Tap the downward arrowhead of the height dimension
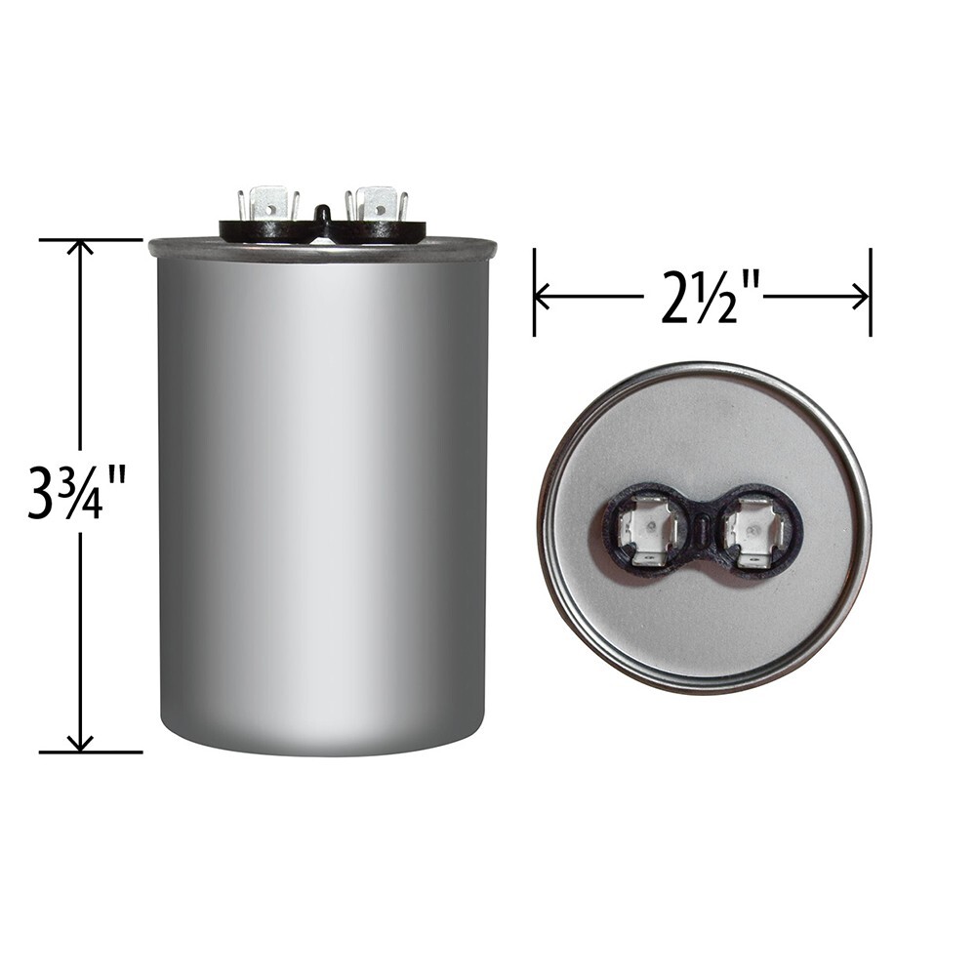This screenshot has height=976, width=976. click(80, 745)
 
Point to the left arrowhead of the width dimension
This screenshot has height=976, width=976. click(542, 296)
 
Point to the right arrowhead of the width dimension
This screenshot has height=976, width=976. click(863, 296)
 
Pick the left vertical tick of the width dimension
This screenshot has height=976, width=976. click(534, 293)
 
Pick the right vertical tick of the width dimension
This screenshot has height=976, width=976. click(870, 293)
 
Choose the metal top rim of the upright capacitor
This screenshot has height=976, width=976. click(322, 250)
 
